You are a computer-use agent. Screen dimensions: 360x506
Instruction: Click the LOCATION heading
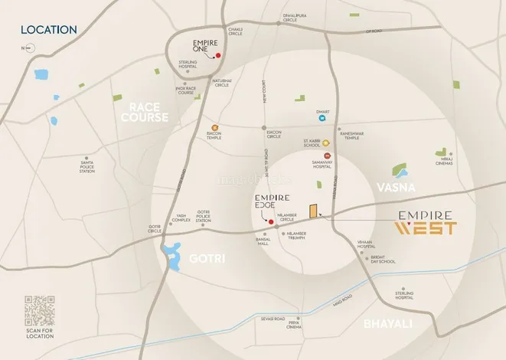pyautogui.click(x=48, y=30)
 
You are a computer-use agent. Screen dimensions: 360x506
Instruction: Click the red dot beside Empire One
pyautogui.click(x=217, y=56)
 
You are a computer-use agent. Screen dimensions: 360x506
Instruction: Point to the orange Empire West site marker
pyautogui.click(x=312, y=211)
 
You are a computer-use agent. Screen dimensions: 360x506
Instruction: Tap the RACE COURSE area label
pyautogui.click(x=148, y=113)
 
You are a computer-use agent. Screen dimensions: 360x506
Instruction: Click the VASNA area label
pyautogui.click(x=396, y=187)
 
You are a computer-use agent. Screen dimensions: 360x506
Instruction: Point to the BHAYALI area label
pyautogui.click(x=388, y=323)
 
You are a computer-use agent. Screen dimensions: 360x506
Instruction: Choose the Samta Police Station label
pyautogui.click(x=87, y=165)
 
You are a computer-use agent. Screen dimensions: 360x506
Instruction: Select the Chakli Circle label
pyautogui.click(x=235, y=31)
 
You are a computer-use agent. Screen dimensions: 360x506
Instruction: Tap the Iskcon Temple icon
pyautogui.click(x=215, y=126)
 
